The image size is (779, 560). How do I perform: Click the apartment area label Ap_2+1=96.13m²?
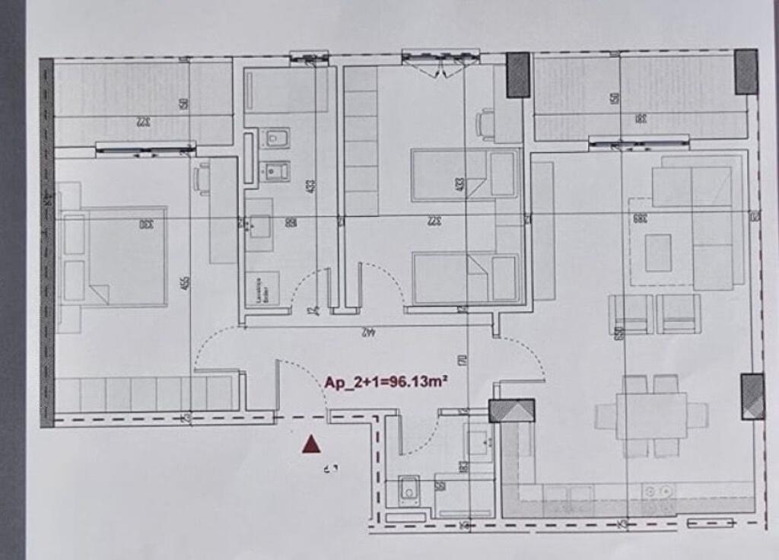point(385,382)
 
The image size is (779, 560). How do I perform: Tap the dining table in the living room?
point(651,415)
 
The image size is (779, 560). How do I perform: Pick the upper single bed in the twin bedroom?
point(465,174)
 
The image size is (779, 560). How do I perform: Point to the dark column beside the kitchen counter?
point(511,411)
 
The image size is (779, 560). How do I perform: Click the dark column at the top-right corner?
point(746,72)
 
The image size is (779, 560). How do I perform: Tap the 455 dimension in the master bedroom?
point(186,282)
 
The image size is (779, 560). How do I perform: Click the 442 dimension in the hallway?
point(368,332)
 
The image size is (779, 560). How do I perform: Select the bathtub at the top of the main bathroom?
point(286,90)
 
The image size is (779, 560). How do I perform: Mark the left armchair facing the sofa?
point(631,313)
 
